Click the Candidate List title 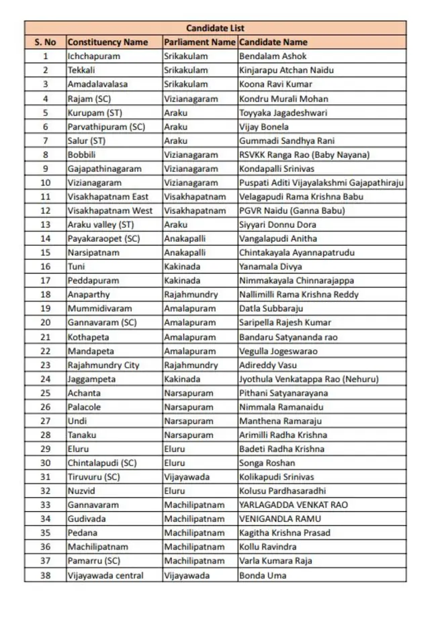pyautogui.click(x=215, y=28)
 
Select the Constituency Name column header pyautogui.click(x=107, y=42)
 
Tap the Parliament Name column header pyautogui.click(x=200, y=42)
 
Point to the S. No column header pyautogui.click(x=46, y=42)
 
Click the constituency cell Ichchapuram pyautogui.click(x=93, y=56)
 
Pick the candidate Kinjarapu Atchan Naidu pyautogui.click(x=286, y=71)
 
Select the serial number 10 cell pyautogui.click(x=46, y=183)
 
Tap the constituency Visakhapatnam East pyautogui.click(x=108, y=197)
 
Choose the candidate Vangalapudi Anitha pyautogui.click(x=278, y=238)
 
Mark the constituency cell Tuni pyautogui.click(x=77, y=267)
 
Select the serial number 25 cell pyautogui.click(x=46, y=393)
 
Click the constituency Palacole pyautogui.click(x=84, y=407)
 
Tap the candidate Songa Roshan pyautogui.click(x=267, y=463)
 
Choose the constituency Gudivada pyautogui.click(x=85, y=519)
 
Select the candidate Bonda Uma pyautogui.click(x=263, y=576)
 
